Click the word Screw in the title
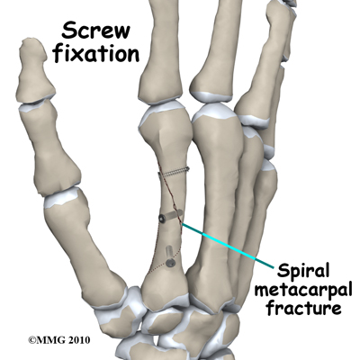tap(96, 31)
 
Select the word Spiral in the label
tap(303, 272)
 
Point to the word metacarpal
tap(303, 291)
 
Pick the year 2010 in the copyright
tap(78, 340)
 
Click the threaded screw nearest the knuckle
tap(174, 172)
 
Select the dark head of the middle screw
tap(162, 219)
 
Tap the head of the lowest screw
tap(170, 264)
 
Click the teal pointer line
tap(228, 246)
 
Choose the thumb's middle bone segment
tap(50, 147)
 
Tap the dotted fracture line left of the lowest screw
tap(157, 268)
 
